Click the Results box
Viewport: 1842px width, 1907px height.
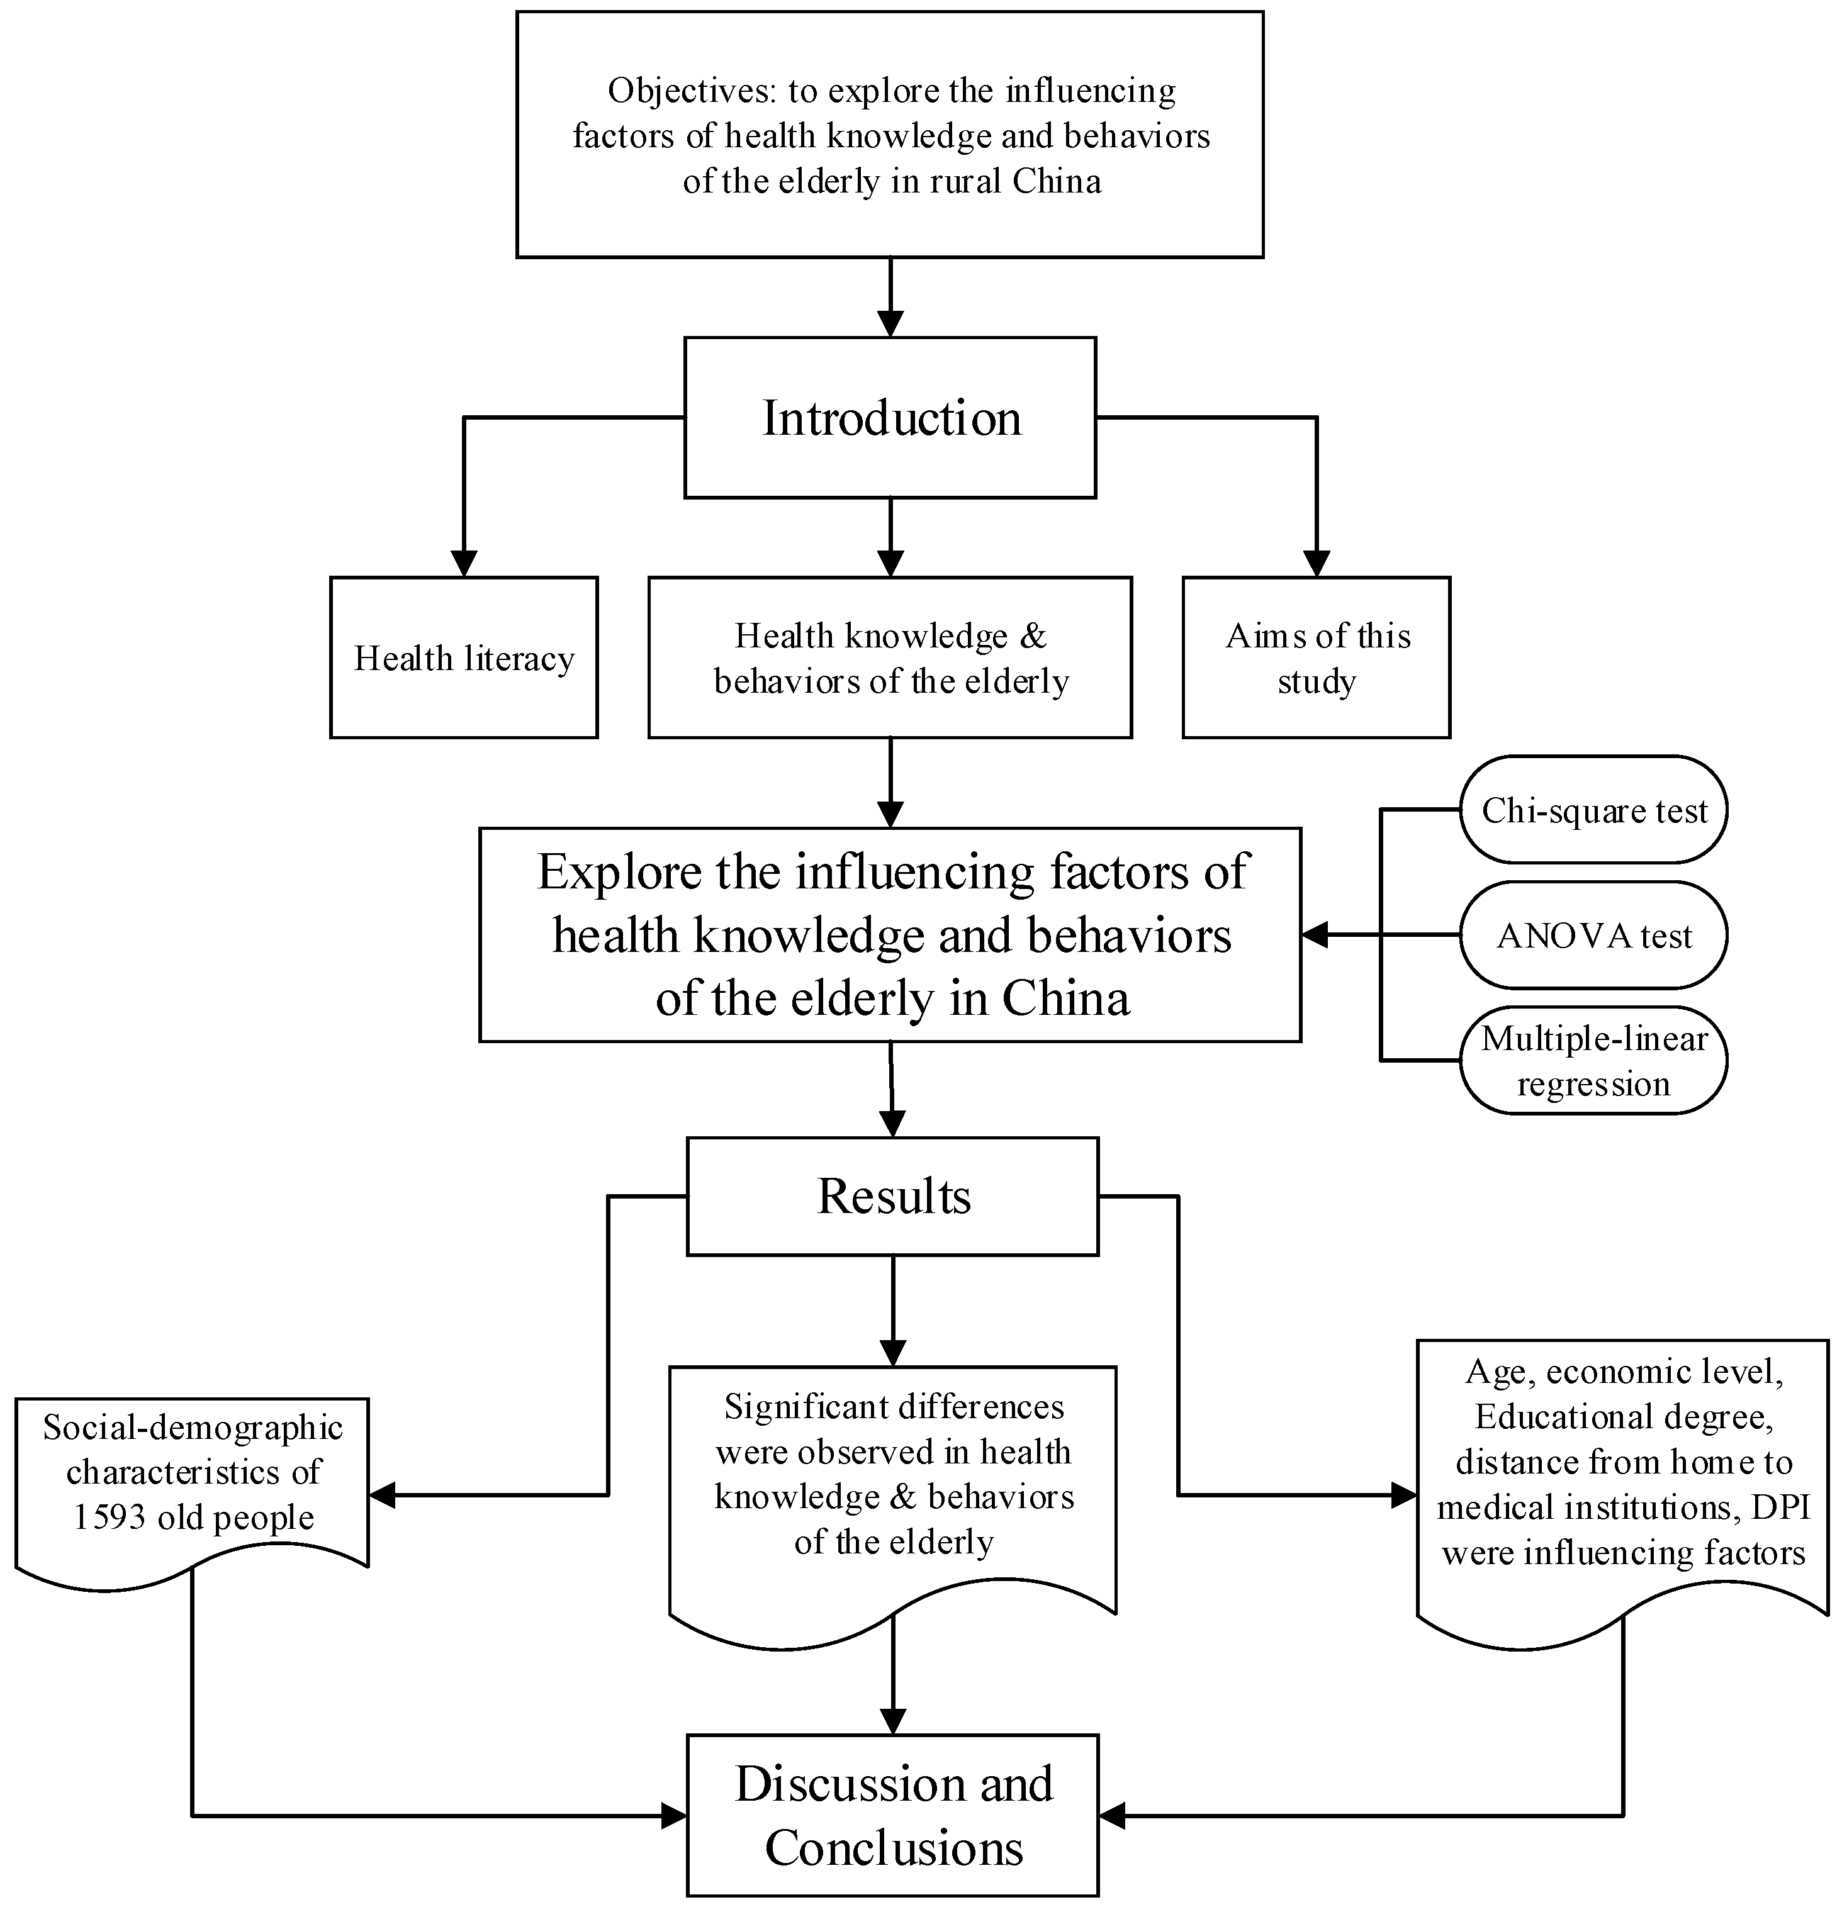pos(892,1196)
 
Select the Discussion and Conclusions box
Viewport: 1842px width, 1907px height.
pos(892,1815)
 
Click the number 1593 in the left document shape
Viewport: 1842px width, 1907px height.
pos(108,1518)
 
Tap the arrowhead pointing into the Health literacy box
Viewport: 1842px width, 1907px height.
pos(464,564)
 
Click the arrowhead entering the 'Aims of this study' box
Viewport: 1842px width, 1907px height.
pos(1317,564)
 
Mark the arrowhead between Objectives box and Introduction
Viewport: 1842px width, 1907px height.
pos(890,323)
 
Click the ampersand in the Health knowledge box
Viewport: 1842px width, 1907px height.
pos(1033,636)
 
